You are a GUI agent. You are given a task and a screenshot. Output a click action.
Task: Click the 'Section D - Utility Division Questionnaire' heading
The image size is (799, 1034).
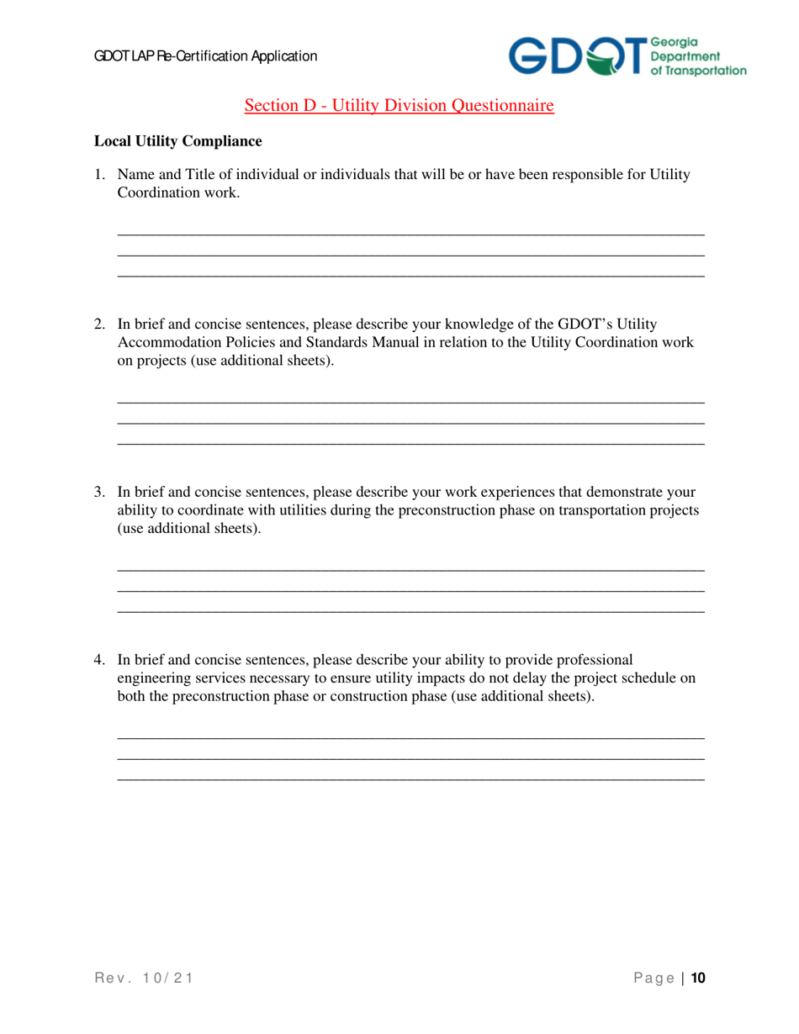point(399,106)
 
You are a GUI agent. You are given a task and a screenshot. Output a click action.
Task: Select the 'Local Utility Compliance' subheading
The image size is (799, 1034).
point(177,140)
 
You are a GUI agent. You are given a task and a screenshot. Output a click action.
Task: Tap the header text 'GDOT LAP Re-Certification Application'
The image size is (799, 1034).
point(205,56)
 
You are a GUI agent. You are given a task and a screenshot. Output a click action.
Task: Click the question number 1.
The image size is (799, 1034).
point(98,175)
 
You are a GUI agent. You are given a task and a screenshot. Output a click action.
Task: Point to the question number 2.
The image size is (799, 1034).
point(98,324)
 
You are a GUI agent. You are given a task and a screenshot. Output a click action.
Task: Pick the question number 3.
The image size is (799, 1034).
point(98,492)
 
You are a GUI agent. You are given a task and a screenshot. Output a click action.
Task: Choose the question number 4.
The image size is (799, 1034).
point(98,660)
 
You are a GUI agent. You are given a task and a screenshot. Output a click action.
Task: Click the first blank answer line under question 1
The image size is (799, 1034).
point(410,235)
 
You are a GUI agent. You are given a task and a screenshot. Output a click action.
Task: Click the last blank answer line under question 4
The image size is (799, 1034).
point(410,779)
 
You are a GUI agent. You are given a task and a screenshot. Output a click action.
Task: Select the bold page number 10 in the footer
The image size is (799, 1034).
point(697,978)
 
